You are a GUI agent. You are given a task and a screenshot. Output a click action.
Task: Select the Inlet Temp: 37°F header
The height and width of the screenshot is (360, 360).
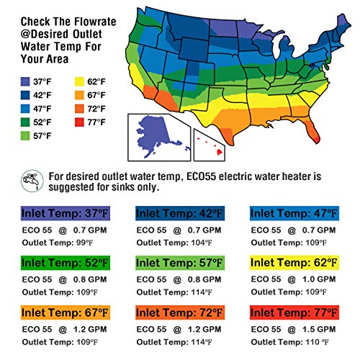(x=66, y=213)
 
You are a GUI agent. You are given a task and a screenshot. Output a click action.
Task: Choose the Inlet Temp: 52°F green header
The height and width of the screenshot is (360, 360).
(x=66, y=263)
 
